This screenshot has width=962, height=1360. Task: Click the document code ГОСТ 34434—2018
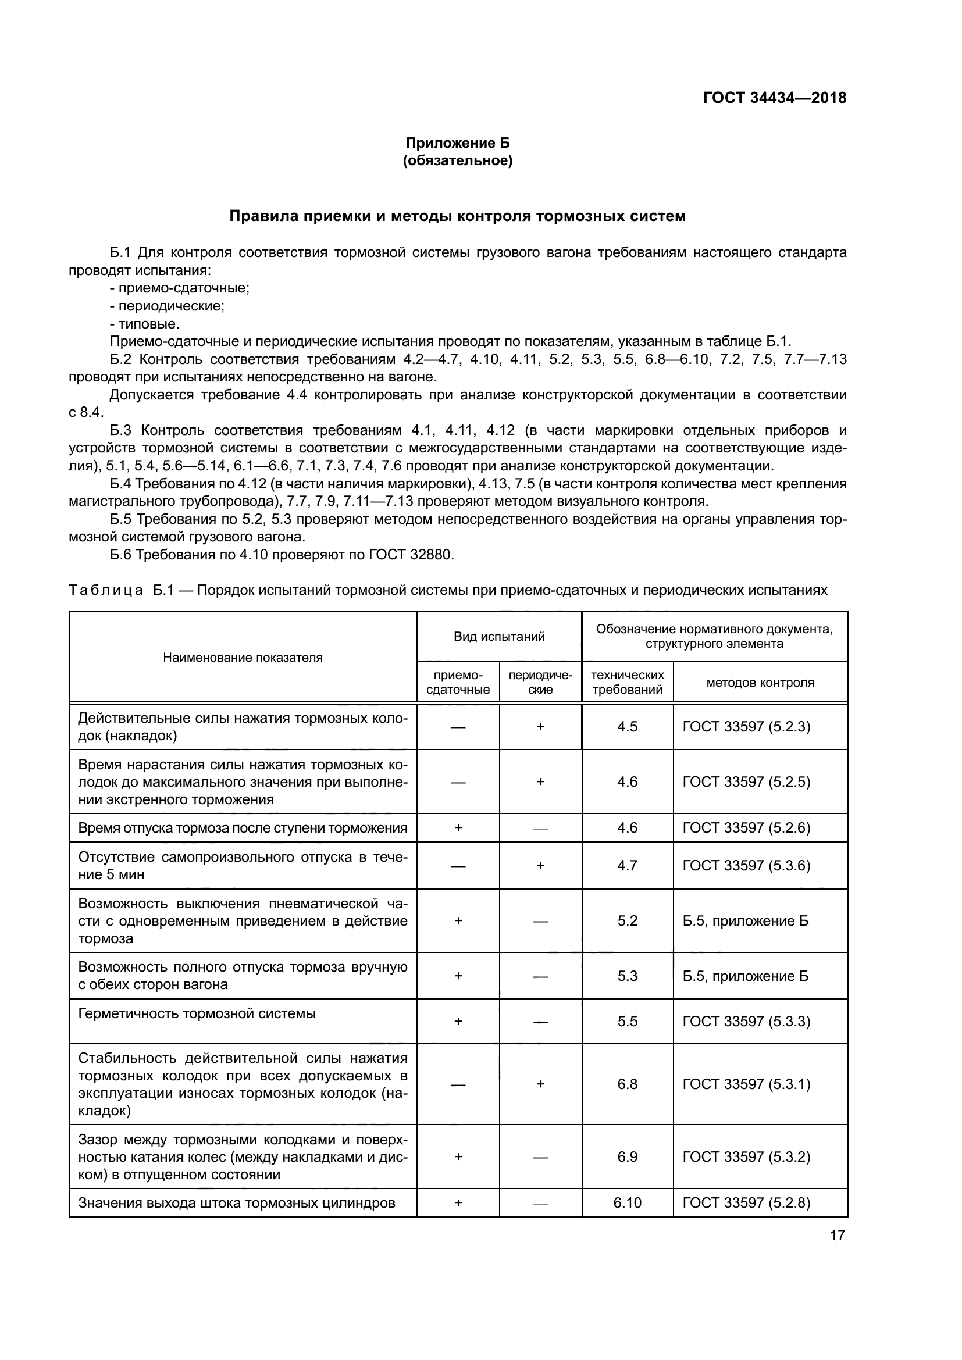click(774, 98)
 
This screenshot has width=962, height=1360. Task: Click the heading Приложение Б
click(457, 143)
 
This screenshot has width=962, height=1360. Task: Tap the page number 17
click(837, 1235)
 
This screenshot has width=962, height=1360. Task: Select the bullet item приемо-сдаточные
click(180, 288)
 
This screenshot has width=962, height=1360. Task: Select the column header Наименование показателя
click(243, 657)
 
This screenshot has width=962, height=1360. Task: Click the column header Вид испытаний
click(499, 636)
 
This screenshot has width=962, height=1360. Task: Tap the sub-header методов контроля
click(760, 683)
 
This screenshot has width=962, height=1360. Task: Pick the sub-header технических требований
click(628, 683)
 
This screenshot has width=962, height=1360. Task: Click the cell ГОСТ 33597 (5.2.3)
click(746, 727)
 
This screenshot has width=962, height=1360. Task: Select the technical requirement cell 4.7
click(628, 865)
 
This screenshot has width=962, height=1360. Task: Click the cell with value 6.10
click(628, 1202)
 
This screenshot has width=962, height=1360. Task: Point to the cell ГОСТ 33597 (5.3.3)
click(746, 1021)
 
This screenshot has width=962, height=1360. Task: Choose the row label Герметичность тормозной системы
click(197, 1013)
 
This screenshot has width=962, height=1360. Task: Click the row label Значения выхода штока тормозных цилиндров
click(236, 1202)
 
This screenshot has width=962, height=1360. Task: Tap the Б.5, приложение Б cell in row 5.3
click(745, 976)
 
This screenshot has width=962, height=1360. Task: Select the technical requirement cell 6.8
click(628, 1084)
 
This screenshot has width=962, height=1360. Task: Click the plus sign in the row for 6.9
click(458, 1157)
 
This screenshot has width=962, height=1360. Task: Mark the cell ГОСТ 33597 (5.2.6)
click(746, 827)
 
